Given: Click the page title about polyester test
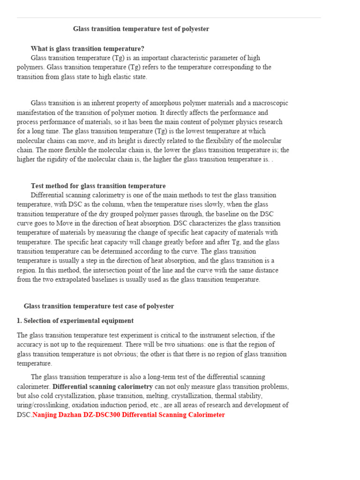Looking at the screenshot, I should (141, 29).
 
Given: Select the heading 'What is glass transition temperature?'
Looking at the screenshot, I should (87, 49).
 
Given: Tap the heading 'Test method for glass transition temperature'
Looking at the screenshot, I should (98, 186).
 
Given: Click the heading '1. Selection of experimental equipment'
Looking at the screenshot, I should (75, 321).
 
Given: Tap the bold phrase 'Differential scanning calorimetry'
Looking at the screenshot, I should (103, 387).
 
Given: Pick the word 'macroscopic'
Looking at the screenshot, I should (270, 103).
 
